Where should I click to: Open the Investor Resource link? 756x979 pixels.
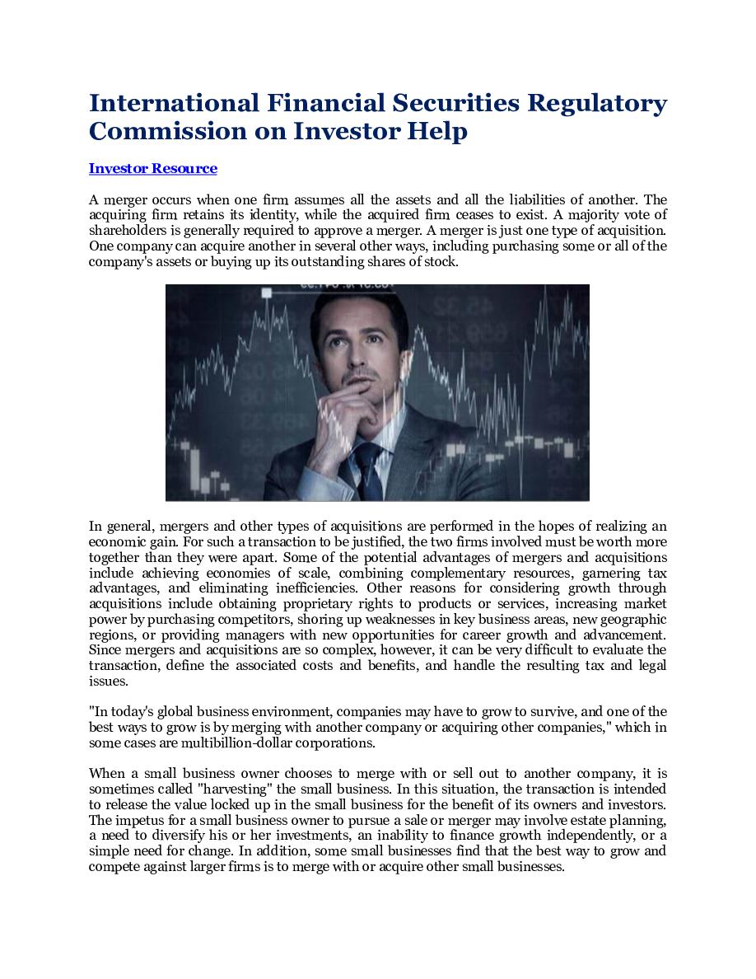pos(153,169)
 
